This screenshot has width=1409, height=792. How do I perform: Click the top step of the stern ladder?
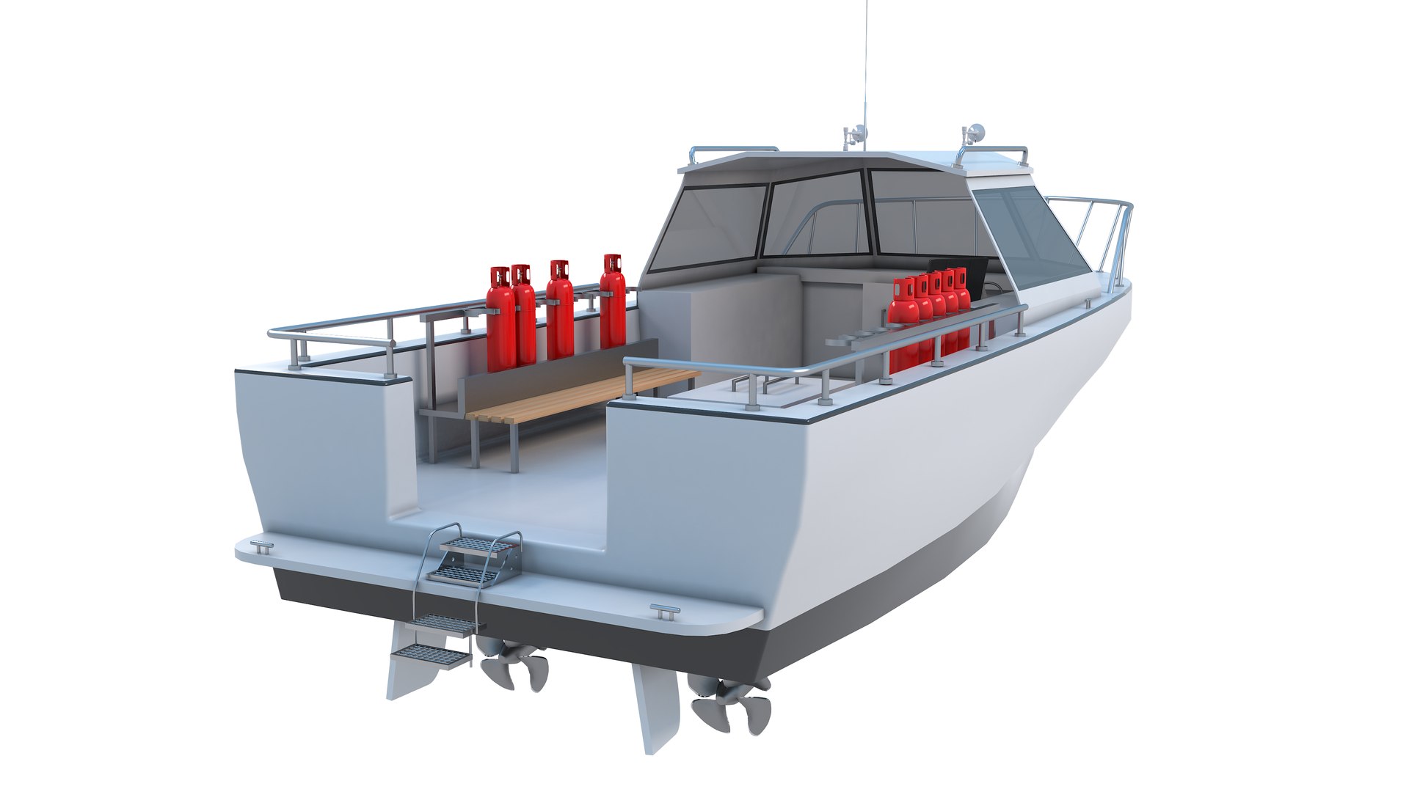[x=474, y=547]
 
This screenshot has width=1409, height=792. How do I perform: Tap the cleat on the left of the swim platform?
[x=261, y=546]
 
